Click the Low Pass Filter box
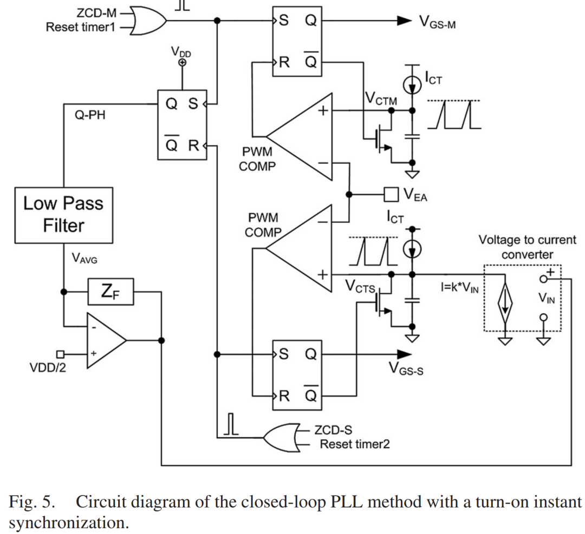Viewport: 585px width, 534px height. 63,215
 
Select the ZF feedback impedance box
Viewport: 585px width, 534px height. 110,292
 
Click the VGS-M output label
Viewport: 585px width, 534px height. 437,22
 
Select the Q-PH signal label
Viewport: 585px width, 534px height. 89,116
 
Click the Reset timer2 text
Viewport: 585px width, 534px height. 354,444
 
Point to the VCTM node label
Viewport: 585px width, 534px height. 381,100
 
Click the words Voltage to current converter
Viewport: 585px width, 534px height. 526,247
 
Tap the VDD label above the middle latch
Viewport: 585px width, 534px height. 181,51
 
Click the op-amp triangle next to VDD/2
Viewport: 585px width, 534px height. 106,341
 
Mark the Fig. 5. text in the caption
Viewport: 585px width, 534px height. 32,502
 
